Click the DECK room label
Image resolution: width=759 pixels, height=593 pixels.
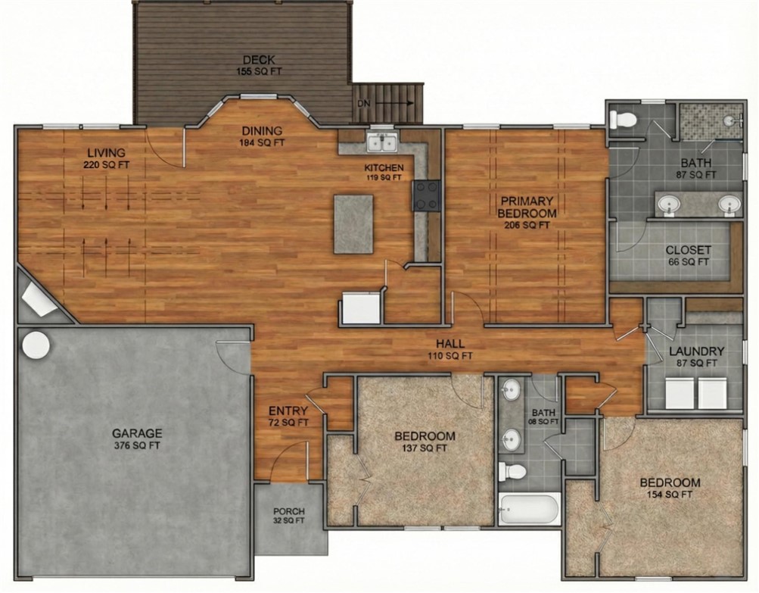258,65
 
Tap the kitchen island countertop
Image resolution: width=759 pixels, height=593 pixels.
353,224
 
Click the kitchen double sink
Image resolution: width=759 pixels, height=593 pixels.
382,142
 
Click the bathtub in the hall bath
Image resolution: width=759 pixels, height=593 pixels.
529,508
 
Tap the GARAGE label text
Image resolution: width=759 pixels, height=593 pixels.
137,439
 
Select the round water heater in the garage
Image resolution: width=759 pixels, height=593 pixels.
36,345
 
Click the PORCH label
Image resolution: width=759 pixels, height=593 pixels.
289,516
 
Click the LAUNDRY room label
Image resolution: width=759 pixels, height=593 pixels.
696,357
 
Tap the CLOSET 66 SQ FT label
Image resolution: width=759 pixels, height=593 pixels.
688,255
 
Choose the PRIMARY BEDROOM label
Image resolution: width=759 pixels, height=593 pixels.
527,212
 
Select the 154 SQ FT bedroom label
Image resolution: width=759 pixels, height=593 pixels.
670,488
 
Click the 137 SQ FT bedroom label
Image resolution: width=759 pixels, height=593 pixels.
425,441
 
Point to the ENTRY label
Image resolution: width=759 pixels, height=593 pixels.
288,416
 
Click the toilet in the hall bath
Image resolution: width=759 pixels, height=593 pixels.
514,471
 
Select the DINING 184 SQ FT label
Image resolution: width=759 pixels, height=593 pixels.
262,136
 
